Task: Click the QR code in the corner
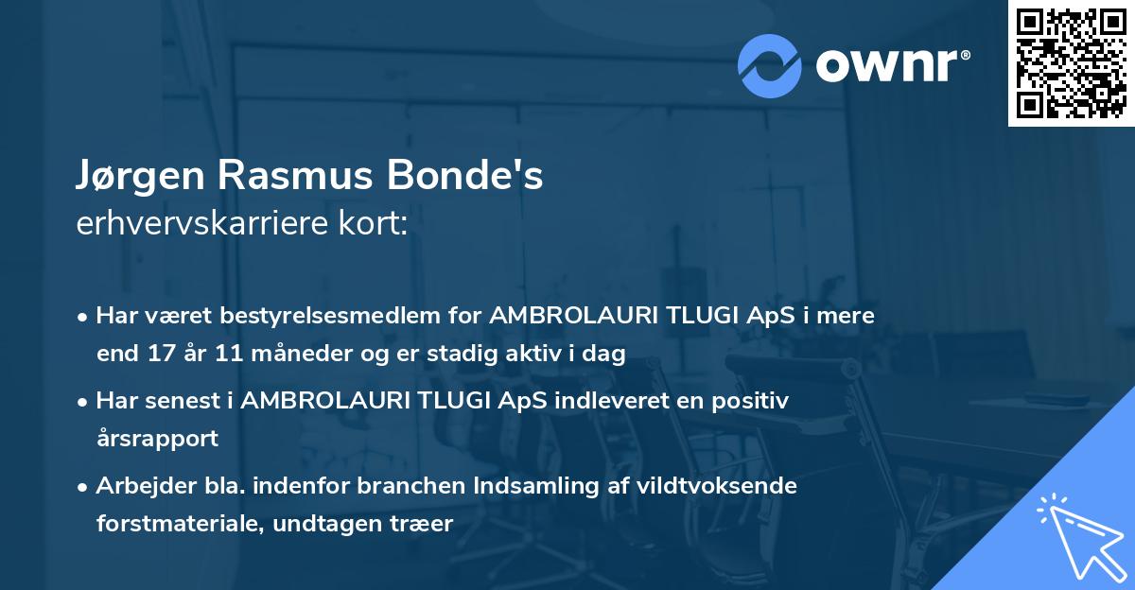pos(1070,63)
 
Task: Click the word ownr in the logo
pos(889,64)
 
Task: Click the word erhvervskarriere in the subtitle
pos(202,224)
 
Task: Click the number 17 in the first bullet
pos(156,355)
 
